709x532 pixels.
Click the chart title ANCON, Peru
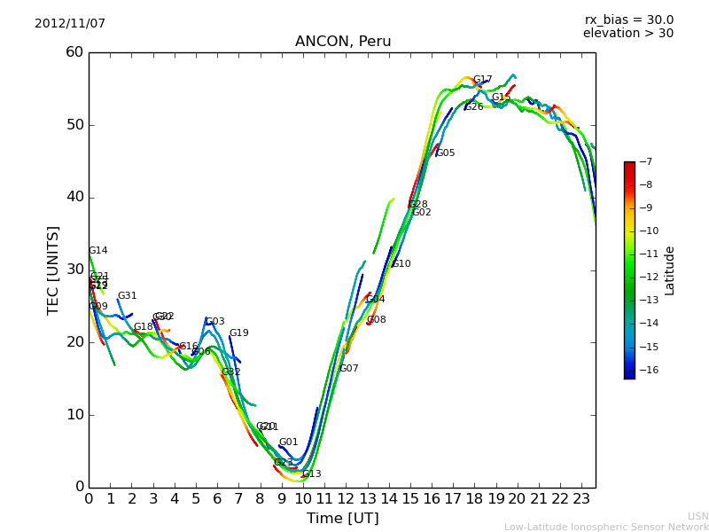pos(343,42)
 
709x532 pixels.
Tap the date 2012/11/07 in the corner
pos(70,23)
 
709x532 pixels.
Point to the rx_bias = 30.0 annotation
pos(628,20)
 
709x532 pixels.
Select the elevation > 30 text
pos(627,34)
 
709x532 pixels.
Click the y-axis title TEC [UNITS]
pos(54,270)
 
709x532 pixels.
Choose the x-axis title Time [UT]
pos(342,519)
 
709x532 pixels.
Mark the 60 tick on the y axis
pos(74,52)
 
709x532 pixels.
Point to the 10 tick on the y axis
pos(74,415)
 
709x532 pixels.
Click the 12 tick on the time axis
pos(346,499)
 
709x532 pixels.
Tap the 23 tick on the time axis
pos(581,499)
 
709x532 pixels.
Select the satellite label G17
pos(482,80)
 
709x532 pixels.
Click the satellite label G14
pos(97,251)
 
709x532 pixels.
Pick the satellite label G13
pos(312,474)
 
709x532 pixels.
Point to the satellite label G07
pos(349,369)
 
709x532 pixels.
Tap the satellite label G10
pos(401,264)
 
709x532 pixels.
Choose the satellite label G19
pos(239,333)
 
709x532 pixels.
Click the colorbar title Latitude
pos(670,270)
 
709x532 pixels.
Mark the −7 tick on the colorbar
pos(644,162)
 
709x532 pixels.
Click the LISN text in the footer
pos(698,516)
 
